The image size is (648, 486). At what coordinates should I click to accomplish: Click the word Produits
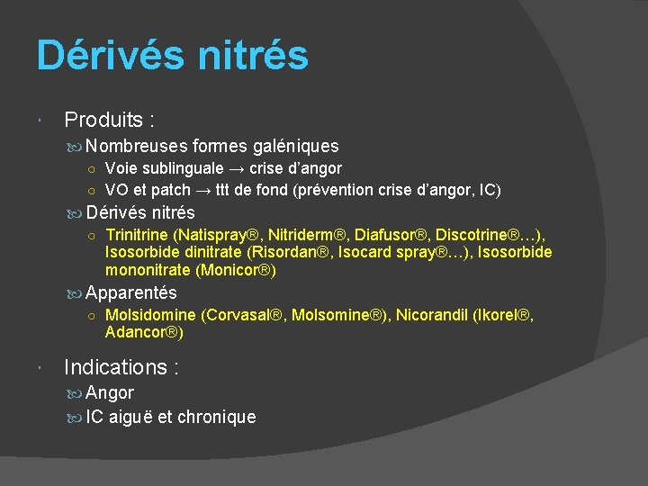(x=98, y=119)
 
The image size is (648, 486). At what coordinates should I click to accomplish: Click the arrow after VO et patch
(x=206, y=190)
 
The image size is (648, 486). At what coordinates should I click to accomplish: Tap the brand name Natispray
(x=205, y=235)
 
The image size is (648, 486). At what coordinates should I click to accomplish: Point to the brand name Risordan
(x=285, y=252)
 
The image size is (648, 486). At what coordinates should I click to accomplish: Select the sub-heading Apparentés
(x=131, y=292)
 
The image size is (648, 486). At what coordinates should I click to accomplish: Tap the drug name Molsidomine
(x=149, y=315)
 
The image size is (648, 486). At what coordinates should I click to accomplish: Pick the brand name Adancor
(x=141, y=332)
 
